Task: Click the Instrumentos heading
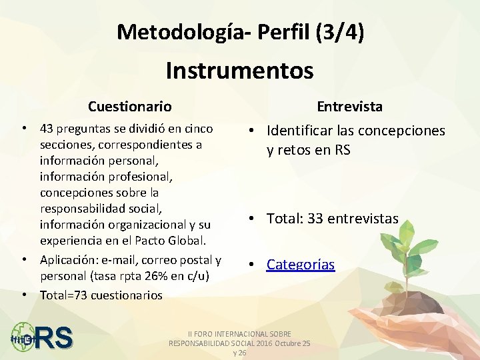point(239,69)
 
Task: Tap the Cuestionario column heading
point(130,106)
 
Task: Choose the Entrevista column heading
point(349,106)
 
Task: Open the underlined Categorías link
point(301,265)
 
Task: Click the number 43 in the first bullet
point(47,128)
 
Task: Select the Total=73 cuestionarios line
point(101,295)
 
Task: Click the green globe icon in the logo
point(23,337)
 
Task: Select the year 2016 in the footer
point(261,343)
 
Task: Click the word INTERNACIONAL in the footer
point(243,333)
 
